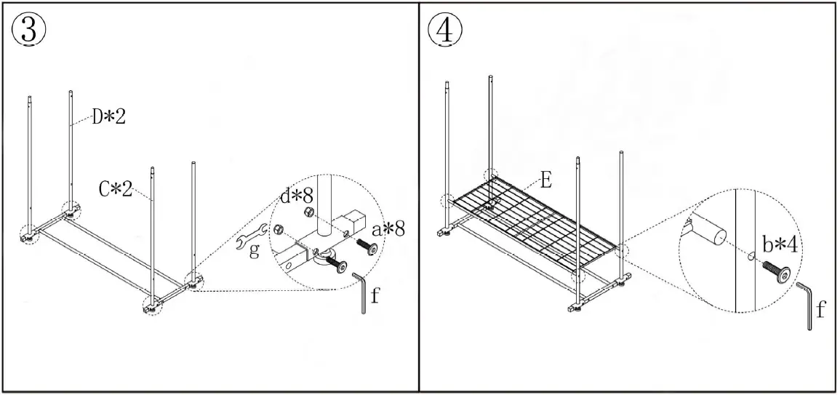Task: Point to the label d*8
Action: pyautogui.click(x=299, y=197)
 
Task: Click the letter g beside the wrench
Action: pyautogui.click(x=252, y=252)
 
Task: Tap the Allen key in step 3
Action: pyautogui.click(x=360, y=292)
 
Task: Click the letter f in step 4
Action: pyautogui.click(x=820, y=311)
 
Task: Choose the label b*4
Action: pyautogui.click(x=780, y=244)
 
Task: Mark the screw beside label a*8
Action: pyautogui.click(x=368, y=248)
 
